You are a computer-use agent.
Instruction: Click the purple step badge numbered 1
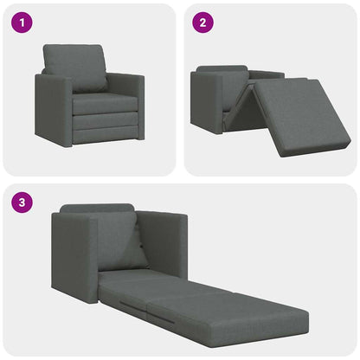pos(21,23)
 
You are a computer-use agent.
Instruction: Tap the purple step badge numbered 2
pos(202,23)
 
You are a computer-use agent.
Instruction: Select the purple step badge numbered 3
pos(21,205)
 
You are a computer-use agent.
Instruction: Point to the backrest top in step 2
pos(222,69)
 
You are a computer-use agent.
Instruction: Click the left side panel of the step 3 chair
pos(74,254)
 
